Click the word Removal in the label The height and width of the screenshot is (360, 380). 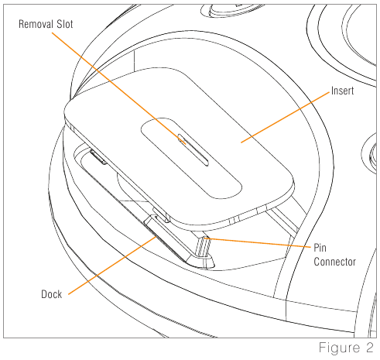click(x=35, y=24)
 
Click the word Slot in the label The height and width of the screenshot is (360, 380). click(x=65, y=24)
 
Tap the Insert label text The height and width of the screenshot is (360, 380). click(x=342, y=91)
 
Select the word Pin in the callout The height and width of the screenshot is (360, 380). click(x=320, y=248)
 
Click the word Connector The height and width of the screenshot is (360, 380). click(x=335, y=262)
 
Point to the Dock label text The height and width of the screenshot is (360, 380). click(x=52, y=294)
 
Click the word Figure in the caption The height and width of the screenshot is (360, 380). click(x=339, y=348)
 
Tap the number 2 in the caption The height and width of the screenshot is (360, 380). click(x=369, y=348)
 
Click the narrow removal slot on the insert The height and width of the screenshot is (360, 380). click(x=193, y=150)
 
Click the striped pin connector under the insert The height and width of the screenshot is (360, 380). click(x=204, y=247)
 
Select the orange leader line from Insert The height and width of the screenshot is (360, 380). click(x=286, y=117)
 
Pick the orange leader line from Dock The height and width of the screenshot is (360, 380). click(x=112, y=266)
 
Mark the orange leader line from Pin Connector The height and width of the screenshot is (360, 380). click(x=257, y=242)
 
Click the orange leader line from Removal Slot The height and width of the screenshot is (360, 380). click(x=118, y=88)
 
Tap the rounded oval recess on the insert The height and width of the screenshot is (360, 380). click(x=191, y=158)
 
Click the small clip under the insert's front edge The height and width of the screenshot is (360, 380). click(x=161, y=215)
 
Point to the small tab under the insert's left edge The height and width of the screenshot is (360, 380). click(x=98, y=157)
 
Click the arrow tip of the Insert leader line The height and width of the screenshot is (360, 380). click(x=241, y=142)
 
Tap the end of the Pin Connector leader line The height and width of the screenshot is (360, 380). click(x=204, y=238)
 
